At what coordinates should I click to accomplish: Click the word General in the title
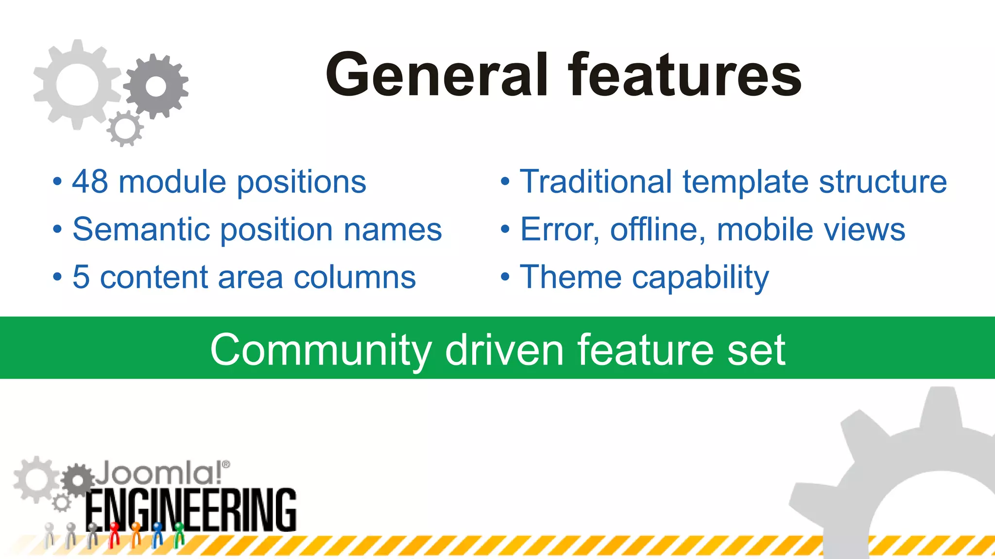[x=437, y=75]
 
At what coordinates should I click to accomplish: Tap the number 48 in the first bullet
[x=90, y=182]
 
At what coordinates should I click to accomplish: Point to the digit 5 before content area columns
[x=81, y=278]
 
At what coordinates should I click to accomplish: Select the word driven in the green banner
[x=504, y=349]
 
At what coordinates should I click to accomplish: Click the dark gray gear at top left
[x=156, y=86]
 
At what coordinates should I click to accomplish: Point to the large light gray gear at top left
[x=77, y=85]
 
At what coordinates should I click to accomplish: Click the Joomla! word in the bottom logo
[x=158, y=473]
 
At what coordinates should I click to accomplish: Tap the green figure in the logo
[x=179, y=534]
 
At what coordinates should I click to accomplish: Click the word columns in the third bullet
[x=355, y=278]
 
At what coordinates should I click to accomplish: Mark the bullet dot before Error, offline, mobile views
[x=505, y=230]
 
